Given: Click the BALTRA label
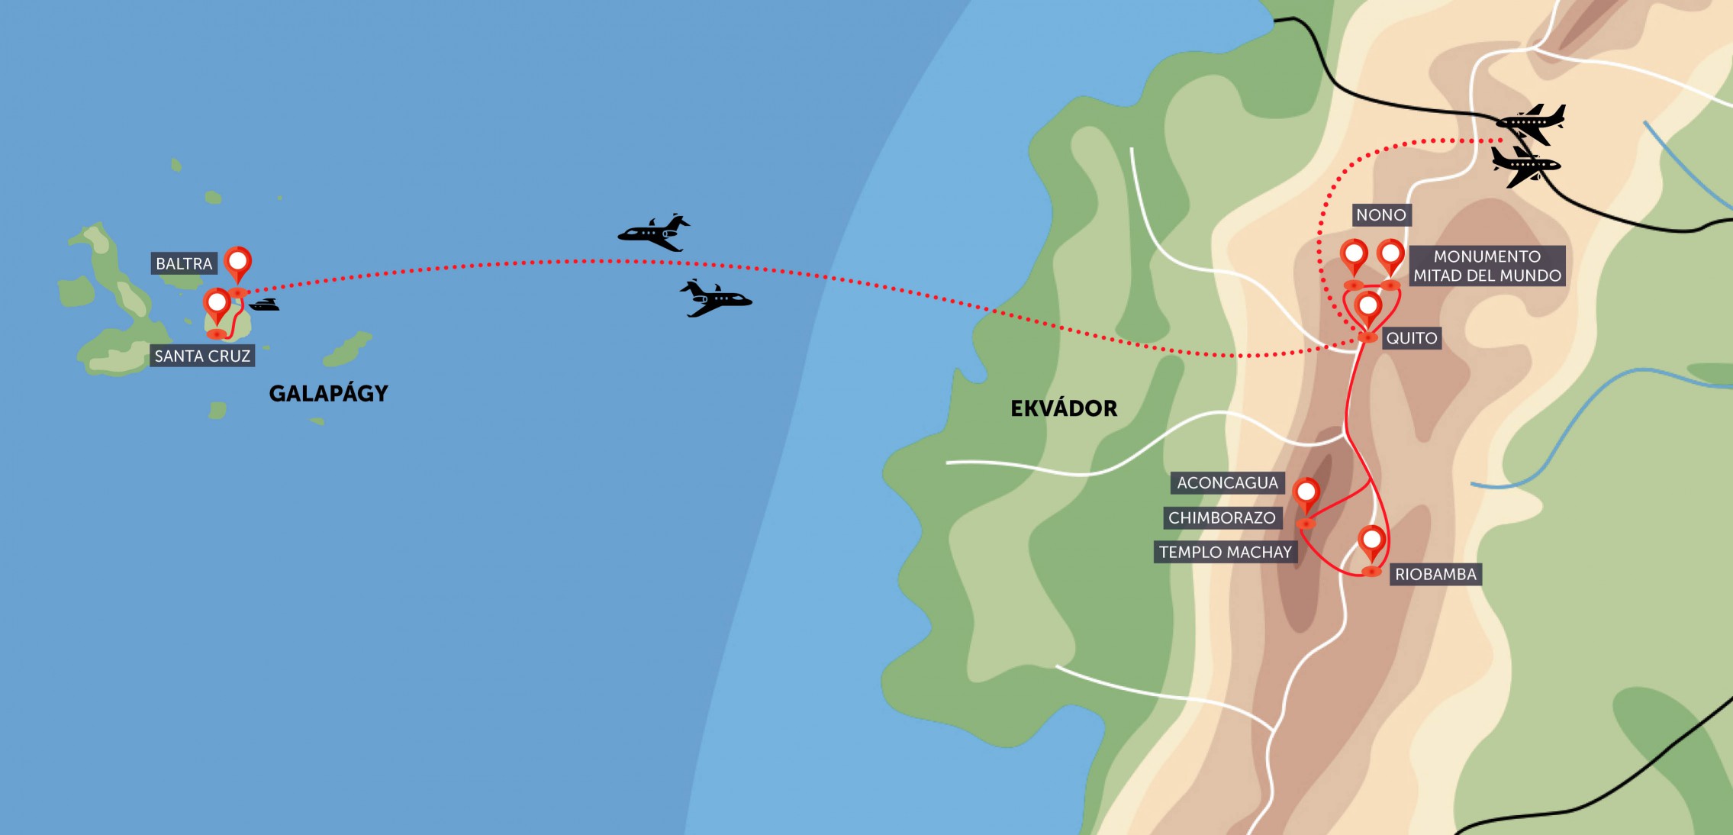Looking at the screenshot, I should point(184,264).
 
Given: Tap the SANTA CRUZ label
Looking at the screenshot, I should point(202,356).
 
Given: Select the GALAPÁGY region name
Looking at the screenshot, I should point(329,394).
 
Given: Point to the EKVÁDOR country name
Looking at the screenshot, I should point(1064,409).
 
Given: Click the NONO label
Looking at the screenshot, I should point(1381,215).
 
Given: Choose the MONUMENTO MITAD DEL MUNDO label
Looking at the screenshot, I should point(1487,266).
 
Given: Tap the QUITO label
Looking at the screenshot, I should point(1412,338).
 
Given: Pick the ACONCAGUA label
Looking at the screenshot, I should point(1227,483).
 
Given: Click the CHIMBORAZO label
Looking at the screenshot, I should point(1222,518).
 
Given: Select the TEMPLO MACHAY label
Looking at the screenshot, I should point(1225,553).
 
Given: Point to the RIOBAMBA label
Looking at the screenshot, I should point(1435,575).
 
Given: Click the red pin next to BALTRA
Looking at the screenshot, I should point(238,263).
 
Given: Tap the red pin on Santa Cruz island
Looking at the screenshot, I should point(217,305).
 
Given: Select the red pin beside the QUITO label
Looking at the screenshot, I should point(1368,308).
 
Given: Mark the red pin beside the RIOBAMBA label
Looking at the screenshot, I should point(1372,542).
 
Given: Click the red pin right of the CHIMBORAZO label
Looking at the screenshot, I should point(1306,494).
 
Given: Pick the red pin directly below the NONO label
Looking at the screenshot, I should point(1355,255).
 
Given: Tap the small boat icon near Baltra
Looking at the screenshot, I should point(264,305).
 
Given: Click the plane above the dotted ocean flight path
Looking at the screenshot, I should point(654,233).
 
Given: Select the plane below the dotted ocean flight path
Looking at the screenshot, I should point(715,298).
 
